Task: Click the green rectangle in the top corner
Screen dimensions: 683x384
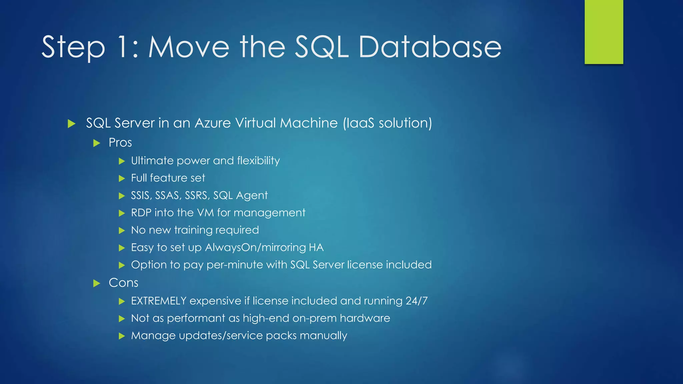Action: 604,32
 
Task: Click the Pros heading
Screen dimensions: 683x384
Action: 120,143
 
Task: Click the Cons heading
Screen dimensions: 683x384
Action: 123,283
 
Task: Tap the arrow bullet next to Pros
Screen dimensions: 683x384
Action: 97,143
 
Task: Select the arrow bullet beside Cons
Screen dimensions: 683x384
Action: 97,284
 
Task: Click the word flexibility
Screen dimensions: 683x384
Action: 258,161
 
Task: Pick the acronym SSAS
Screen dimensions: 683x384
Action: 168,195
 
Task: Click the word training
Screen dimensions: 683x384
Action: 195,230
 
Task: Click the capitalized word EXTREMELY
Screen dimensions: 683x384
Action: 158,301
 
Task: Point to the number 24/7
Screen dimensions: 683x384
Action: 417,301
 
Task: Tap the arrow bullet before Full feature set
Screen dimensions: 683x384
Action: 122,179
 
